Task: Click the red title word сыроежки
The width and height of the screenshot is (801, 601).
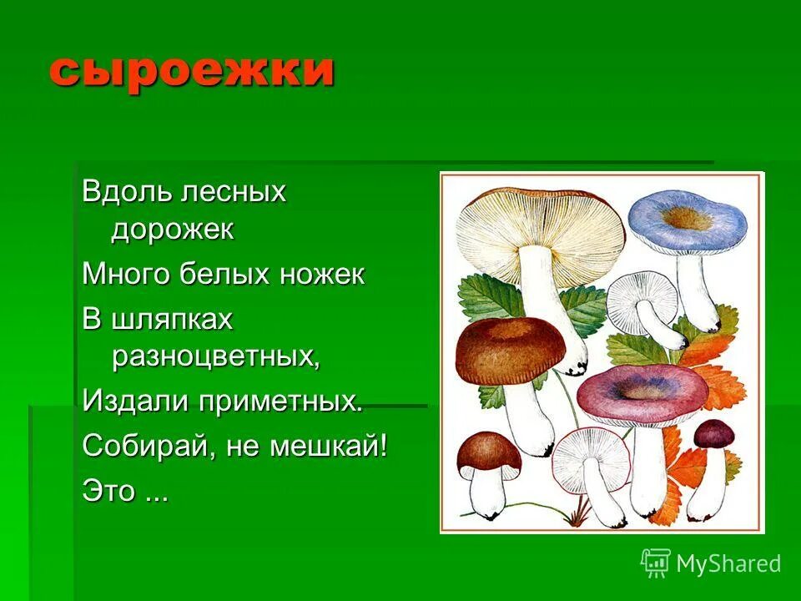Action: (191, 70)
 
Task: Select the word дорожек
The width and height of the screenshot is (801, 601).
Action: (173, 230)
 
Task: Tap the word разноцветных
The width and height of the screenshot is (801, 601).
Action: (214, 356)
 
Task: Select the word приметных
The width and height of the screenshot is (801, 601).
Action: (280, 402)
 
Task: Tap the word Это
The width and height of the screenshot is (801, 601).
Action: (109, 490)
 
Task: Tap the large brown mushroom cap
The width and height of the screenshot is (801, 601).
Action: (510, 346)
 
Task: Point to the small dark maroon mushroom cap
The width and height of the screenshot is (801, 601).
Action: (714, 433)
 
